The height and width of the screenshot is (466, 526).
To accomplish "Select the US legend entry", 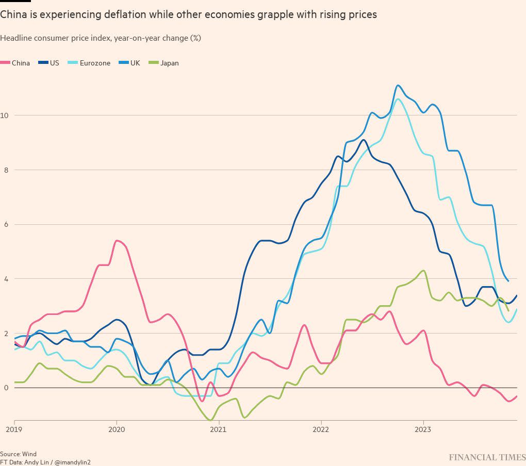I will [49, 63].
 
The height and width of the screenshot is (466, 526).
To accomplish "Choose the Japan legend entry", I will [164, 63].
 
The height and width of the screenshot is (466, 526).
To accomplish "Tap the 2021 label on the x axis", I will [219, 429].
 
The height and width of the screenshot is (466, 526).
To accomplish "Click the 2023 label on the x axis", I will [423, 429].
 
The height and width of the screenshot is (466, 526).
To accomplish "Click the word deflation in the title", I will [123, 15].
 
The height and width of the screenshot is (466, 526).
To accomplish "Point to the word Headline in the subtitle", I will [15, 38].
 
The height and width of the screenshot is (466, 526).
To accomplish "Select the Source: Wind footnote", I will [19, 454].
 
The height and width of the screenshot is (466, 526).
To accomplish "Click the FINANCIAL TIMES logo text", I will [487, 457].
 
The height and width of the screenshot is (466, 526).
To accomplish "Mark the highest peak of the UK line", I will [398, 86].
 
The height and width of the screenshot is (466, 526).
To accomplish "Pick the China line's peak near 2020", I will [117, 241].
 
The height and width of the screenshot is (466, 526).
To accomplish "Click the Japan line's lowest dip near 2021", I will [210, 420].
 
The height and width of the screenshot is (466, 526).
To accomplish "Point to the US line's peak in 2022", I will [364, 140].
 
